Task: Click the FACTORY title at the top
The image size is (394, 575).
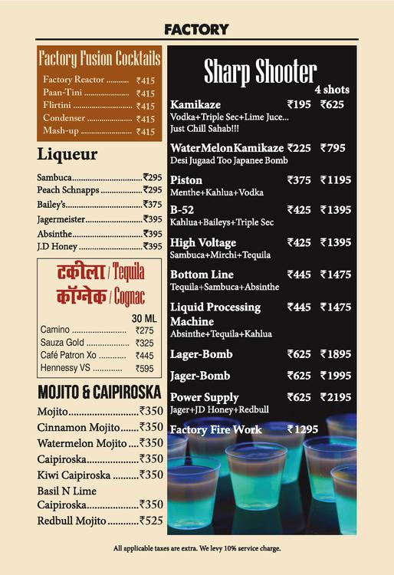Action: [196, 29]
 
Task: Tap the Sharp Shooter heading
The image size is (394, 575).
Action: [260, 72]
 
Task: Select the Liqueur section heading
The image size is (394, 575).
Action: [67, 155]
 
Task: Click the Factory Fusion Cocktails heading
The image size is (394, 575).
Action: [100, 58]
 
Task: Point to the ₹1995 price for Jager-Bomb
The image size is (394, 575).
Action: [335, 376]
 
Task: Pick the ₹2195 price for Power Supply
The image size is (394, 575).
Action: [335, 397]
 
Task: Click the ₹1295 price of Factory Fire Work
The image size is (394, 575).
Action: [302, 429]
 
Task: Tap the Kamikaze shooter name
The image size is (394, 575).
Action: [195, 104]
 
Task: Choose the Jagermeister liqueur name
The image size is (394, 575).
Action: [61, 219]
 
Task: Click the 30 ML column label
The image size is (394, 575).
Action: [143, 318]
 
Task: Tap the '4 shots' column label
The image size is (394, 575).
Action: [331, 90]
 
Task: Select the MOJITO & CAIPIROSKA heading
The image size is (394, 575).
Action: [100, 393]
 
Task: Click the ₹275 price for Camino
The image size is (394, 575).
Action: [144, 330]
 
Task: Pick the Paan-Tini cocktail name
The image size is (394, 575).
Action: [64, 93]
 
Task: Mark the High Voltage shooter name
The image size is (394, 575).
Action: [203, 242]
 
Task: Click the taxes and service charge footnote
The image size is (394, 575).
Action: [197, 548]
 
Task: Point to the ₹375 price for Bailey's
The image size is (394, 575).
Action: [153, 205]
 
